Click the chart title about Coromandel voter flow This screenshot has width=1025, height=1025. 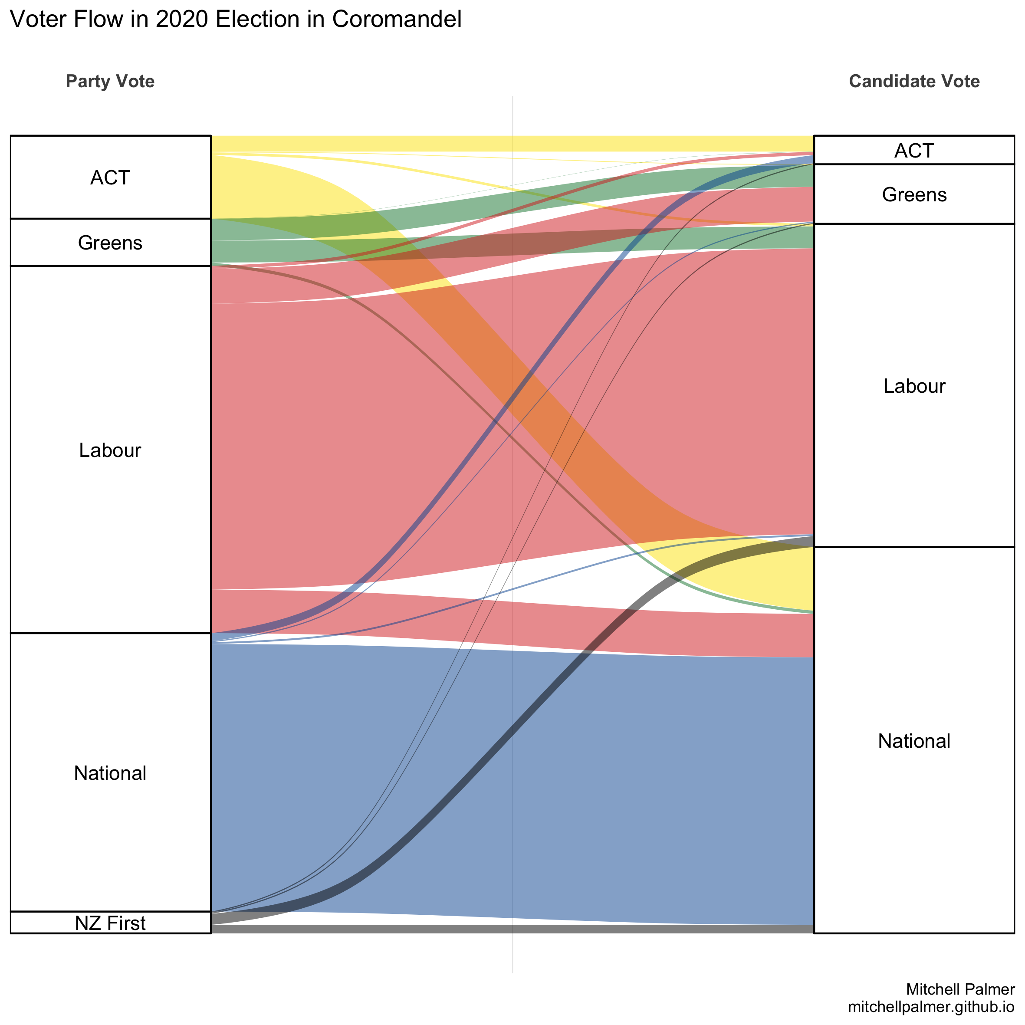click(x=236, y=20)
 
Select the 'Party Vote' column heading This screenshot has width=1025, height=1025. click(x=110, y=81)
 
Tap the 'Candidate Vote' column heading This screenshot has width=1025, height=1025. click(x=914, y=81)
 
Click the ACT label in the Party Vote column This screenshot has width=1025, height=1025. click(x=110, y=178)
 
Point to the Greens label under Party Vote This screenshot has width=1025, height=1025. click(x=110, y=243)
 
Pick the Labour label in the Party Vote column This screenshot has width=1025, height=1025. click(x=110, y=450)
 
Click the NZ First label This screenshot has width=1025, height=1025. click(x=110, y=923)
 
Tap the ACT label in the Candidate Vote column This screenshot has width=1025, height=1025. click(x=913, y=151)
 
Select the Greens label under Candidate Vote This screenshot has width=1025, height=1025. click(x=913, y=195)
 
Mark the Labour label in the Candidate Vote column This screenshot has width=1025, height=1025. click(x=913, y=386)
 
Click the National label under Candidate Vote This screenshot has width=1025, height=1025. click(x=913, y=741)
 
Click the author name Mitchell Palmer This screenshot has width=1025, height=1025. click(x=960, y=989)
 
